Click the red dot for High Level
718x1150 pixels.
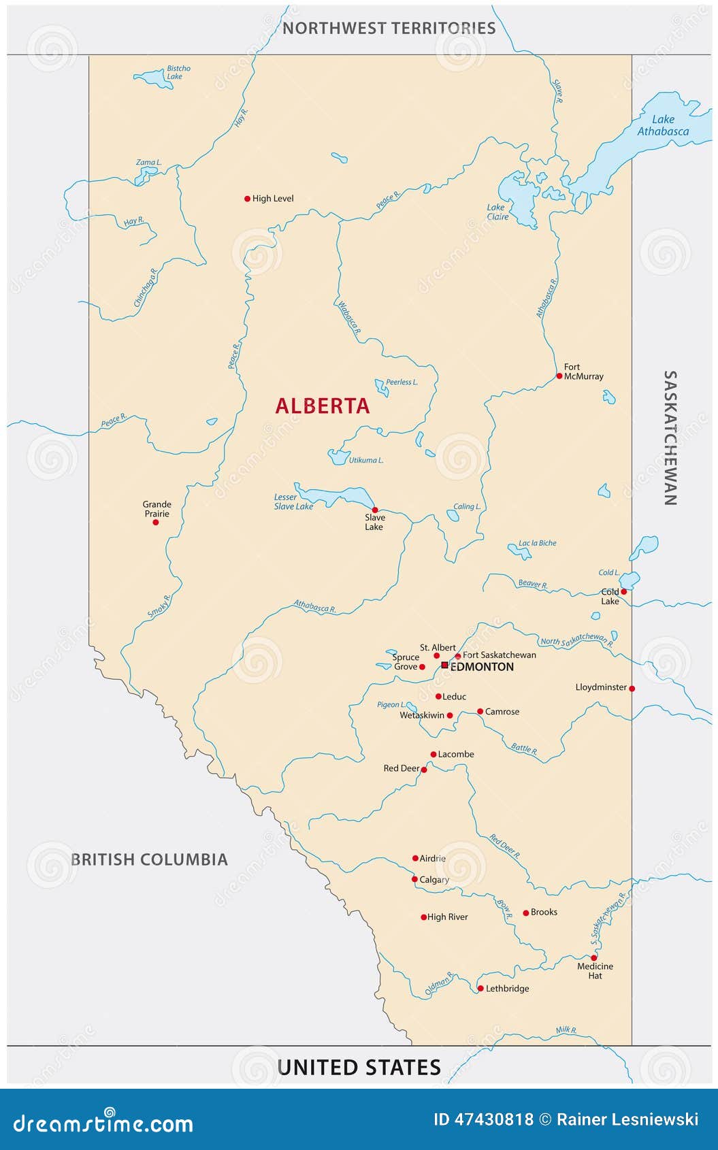247,199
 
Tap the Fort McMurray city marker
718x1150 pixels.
559,376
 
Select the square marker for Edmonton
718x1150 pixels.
444,665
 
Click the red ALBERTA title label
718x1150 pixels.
323,406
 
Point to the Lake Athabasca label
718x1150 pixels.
662,126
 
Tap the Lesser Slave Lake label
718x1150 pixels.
293,502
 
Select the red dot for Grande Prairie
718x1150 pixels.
156,522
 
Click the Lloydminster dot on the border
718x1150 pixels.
632,689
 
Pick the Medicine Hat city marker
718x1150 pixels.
593,957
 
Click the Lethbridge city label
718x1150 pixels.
507,989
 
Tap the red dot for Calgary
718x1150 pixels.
414,879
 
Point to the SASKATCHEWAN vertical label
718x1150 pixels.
670,438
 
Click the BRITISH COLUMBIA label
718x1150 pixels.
149,859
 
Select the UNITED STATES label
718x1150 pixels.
359,1067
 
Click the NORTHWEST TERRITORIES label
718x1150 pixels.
389,28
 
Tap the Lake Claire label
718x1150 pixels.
497,212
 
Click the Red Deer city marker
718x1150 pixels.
424,770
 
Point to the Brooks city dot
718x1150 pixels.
525,913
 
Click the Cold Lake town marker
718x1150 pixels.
623,592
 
